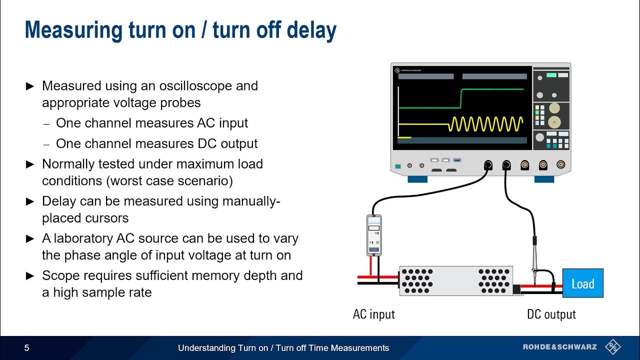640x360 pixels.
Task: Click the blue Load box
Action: click(582, 283)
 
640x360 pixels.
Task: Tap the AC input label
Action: click(373, 314)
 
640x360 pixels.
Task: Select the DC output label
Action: click(551, 314)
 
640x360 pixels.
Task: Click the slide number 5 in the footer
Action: click(27, 348)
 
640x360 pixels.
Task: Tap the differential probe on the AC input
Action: click(374, 235)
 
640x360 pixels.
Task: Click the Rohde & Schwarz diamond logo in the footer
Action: click(612, 347)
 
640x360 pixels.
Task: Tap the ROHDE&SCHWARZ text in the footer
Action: click(560, 347)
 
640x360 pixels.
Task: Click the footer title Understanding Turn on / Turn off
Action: click(283, 348)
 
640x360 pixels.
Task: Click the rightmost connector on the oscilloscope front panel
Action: click(561, 164)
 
